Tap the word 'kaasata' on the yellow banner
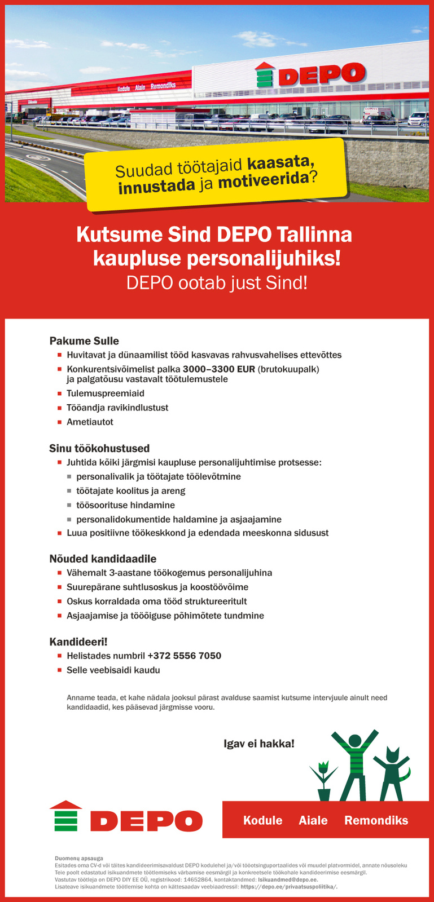click(278, 164)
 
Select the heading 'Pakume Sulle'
click(84, 341)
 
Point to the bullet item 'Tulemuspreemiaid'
click(106, 393)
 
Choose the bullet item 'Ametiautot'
click(90, 422)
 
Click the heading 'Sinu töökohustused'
click(99, 449)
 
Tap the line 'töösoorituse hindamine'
click(125, 505)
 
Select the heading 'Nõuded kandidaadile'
click(103, 559)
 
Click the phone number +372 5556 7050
click(184, 656)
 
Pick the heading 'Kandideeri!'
click(78, 642)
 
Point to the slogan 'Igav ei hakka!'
click(259, 744)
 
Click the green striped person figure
click(354, 764)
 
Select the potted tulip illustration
click(323, 781)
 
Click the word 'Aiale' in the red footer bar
click(313, 820)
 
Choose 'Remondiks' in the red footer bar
click(376, 820)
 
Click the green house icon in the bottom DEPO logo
click(66, 816)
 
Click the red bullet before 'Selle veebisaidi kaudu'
click(59, 670)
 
